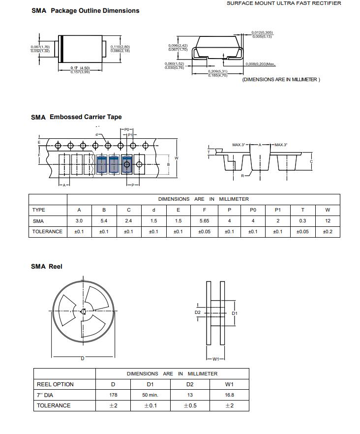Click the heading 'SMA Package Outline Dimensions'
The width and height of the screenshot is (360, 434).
[x=85, y=11]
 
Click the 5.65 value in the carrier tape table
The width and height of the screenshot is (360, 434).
[x=204, y=221]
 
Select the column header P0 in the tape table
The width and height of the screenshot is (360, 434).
[x=253, y=210]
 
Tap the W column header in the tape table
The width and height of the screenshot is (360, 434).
[x=328, y=210]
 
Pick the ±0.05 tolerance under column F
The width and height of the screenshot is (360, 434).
[x=204, y=232]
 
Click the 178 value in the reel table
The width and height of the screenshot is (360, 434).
[x=113, y=395]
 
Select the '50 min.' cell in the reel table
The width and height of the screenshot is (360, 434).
[x=150, y=395]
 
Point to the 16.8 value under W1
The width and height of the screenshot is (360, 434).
[x=229, y=395]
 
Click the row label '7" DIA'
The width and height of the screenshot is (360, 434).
[x=47, y=395]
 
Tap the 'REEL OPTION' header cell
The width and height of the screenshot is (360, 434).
[x=55, y=384]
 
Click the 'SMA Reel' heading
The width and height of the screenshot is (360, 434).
[x=47, y=267]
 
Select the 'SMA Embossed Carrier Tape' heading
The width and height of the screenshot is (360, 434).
[x=76, y=117]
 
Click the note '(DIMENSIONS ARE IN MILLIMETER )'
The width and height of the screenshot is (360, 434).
[x=281, y=80]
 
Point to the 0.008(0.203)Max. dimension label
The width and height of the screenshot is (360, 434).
[x=261, y=64]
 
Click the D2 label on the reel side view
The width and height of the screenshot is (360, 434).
[x=198, y=312]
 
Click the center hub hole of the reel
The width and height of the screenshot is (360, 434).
[x=83, y=311]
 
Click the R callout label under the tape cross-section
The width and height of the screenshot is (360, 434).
[x=242, y=176]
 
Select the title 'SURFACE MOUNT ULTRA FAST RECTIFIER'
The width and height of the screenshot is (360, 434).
[x=283, y=3]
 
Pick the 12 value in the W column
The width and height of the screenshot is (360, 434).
[x=328, y=221]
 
